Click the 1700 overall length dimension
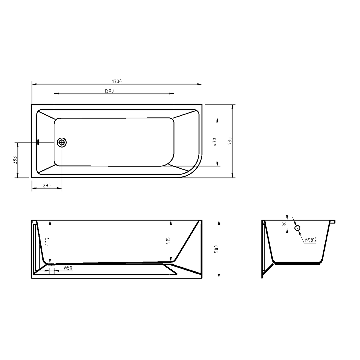tap(117, 81)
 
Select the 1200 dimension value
tap(109, 91)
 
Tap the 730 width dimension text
tap(229, 141)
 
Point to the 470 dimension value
tap(215, 142)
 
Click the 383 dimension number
tap(15, 160)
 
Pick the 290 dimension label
tap(47, 186)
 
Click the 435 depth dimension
tap(47, 242)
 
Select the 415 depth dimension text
tap(168, 241)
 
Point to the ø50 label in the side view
tap(68, 268)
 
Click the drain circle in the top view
tap(62, 142)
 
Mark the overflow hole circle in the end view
tap(297, 228)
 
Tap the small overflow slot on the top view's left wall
tap(38, 142)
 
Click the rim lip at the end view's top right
tap(332, 221)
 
